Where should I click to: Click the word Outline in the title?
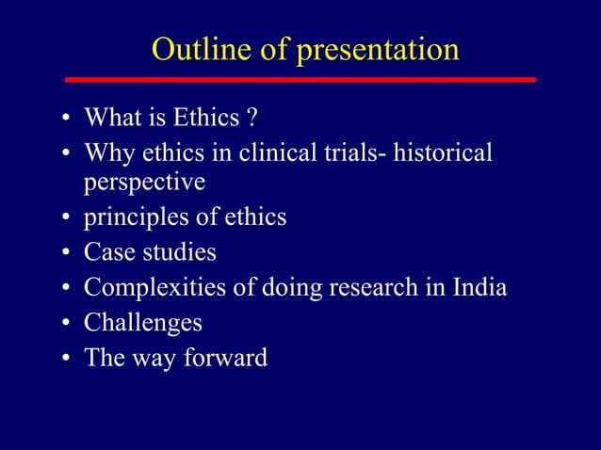201,49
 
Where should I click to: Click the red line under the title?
300,80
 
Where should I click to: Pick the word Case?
107,252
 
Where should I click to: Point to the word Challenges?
143,323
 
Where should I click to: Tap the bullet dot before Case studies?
67,254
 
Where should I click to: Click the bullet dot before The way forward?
67,360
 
